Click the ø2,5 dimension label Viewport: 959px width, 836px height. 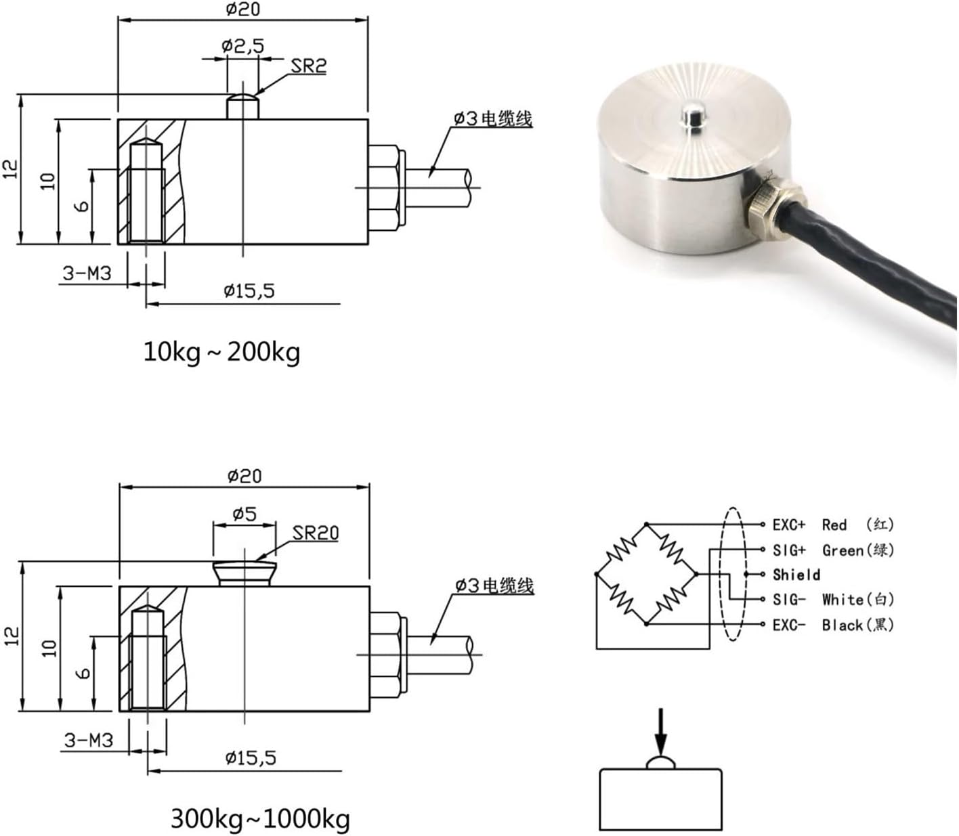pos(242,46)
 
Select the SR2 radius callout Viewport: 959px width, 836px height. pos(309,66)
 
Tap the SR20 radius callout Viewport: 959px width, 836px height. pos(316,533)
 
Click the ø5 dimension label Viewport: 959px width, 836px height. pos(244,514)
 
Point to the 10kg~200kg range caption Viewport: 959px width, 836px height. pos(221,352)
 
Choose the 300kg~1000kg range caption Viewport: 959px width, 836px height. pos(260,819)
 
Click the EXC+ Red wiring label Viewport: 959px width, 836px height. pos(832,525)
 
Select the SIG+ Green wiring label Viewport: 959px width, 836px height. pos(832,550)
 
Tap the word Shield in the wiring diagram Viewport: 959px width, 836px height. pos(796,575)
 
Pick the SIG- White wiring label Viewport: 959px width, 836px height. pos(832,599)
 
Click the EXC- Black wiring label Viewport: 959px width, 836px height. pos(832,624)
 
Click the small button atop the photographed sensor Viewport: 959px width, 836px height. pos(691,116)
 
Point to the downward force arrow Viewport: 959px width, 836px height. pos(661,731)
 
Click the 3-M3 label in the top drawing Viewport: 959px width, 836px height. pos(87,273)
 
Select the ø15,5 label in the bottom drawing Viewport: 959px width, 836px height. pos(250,757)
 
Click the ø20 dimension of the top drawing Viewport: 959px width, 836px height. pos(242,9)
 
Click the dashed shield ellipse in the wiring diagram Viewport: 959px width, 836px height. pos(730,574)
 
